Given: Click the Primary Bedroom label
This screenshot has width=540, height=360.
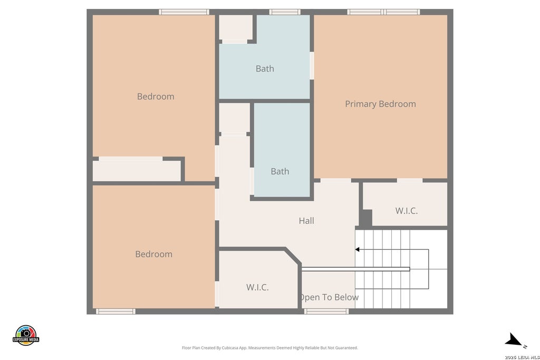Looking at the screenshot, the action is click(x=380, y=104).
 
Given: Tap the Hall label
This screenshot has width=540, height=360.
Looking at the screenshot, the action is click(x=306, y=221).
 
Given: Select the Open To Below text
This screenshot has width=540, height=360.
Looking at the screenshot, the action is click(x=329, y=297).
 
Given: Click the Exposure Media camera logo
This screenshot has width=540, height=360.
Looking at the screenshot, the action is click(x=26, y=335).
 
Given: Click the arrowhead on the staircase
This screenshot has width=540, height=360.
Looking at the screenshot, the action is click(x=357, y=249).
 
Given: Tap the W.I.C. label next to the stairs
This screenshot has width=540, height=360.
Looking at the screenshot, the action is click(x=407, y=211).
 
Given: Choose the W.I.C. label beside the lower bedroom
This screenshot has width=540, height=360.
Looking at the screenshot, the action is click(x=257, y=287).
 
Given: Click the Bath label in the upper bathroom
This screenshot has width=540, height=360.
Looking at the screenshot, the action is click(x=265, y=69).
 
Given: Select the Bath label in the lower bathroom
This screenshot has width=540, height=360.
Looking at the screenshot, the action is click(x=279, y=171).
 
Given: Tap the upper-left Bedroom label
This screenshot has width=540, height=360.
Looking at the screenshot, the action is click(x=156, y=96).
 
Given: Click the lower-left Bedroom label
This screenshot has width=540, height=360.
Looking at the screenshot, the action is click(x=153, y=255).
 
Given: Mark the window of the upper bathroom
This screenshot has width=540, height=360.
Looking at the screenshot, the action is click(x=285, y=12).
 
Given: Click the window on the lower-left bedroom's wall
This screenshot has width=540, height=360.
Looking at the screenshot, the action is click(x=115, y=312).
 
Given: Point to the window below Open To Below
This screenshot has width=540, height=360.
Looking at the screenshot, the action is click(x=326, y=312).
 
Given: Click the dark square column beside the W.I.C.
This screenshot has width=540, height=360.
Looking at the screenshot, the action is click(x=366, y=218).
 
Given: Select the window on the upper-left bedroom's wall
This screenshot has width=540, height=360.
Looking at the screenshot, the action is click(x=184, y=12).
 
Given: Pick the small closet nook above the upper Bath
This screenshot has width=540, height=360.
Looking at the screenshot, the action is click(x=236, y=27).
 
